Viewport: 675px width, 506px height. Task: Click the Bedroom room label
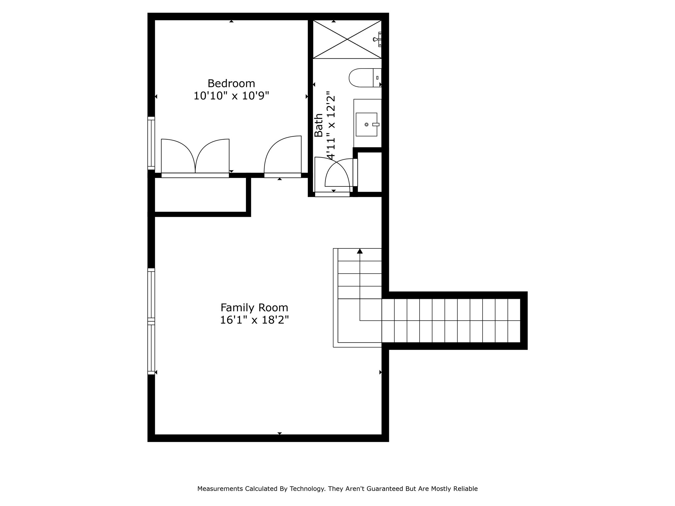(x=231, y=83)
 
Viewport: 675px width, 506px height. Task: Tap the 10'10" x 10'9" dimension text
(x=231, y=96)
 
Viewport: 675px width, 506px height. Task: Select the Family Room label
(x=254, y=308)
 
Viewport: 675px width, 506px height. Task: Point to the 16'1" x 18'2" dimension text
(x=254, y=320)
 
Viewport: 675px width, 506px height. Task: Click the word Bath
(x=318, y=125)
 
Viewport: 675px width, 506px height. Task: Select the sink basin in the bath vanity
(x=366, y=125)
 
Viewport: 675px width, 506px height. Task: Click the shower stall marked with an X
(x=347, y=39)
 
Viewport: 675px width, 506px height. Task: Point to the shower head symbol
(x=377, y=39)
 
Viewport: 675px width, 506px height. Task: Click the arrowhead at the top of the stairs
(x=360, y=251)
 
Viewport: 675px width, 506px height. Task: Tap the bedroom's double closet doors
(x=195, y=156)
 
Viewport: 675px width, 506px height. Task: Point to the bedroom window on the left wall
(x=151, y=143)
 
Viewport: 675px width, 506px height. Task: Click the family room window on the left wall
(x=151, y=321)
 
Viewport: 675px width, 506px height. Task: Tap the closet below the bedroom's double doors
(x=200, y=195)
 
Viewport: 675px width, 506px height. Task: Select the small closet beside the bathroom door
(x=369, y=172)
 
